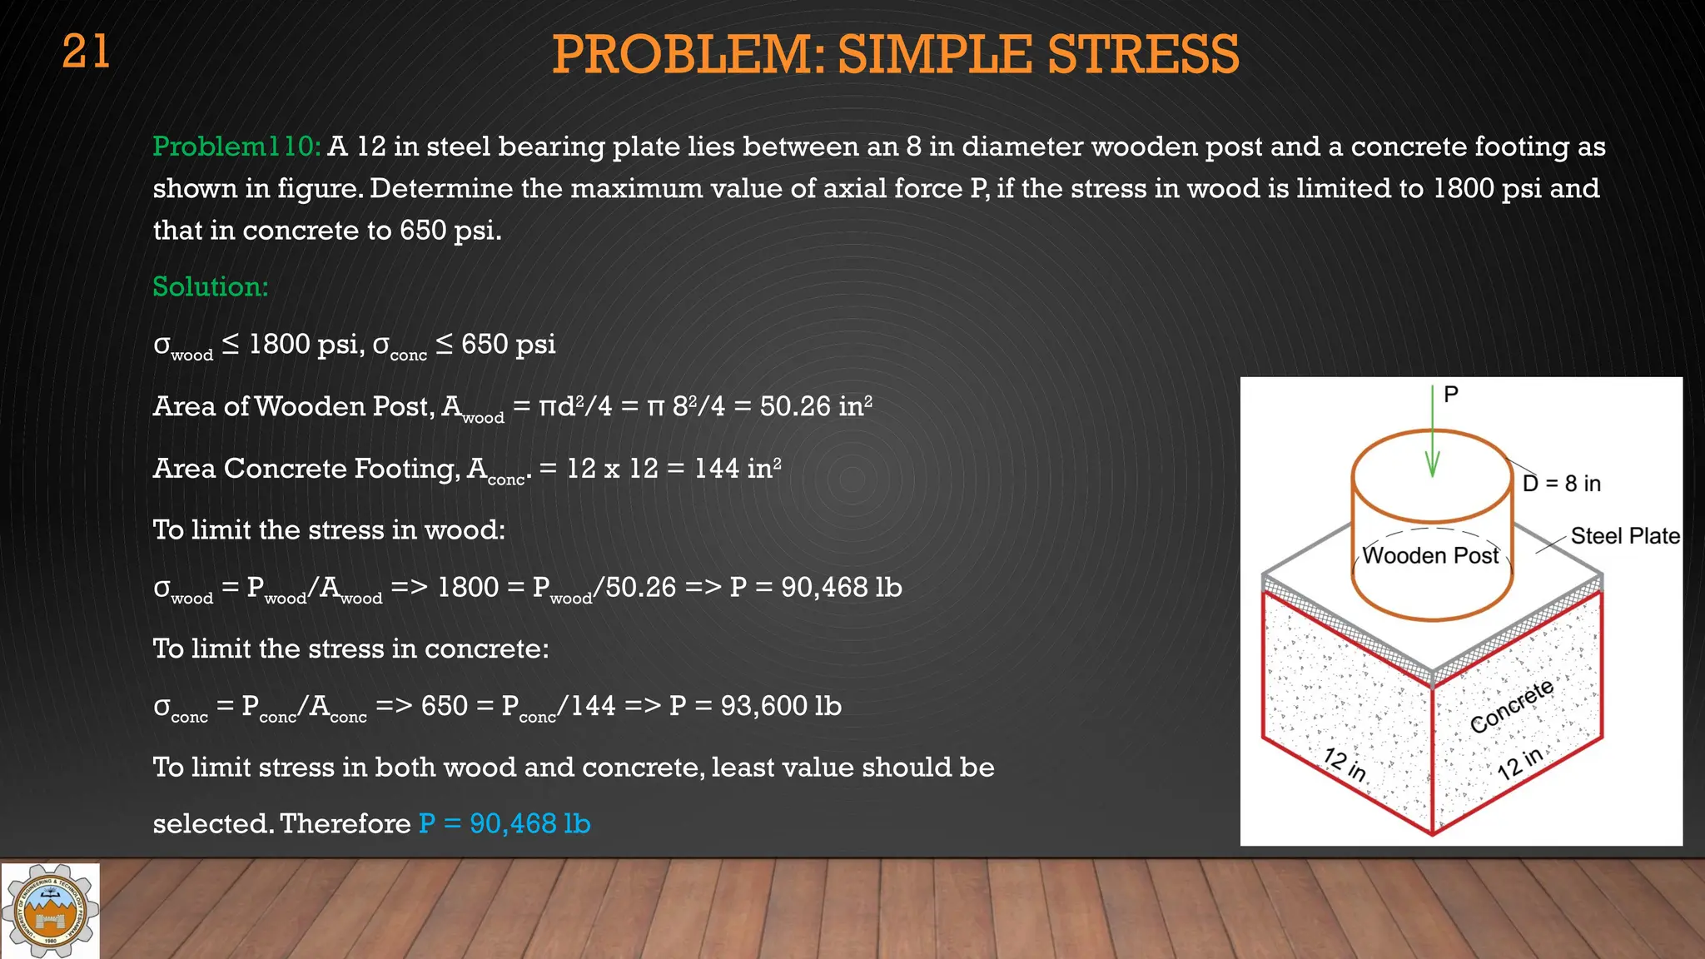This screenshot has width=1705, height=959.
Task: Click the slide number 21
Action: click(86, 52)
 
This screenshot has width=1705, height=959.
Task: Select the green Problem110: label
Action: click(236, 147)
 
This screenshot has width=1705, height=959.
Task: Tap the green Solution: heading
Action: click(211, 287)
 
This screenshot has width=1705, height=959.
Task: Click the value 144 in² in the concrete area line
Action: click(738, 469)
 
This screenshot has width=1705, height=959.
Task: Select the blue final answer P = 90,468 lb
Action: click(505, 824)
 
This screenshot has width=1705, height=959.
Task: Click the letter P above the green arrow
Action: click(1451, 395)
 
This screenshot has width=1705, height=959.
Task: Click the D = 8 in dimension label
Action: click(1561, 484)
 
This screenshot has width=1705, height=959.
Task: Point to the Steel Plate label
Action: click(1624, 536)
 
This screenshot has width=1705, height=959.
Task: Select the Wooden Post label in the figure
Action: click(1430, 556)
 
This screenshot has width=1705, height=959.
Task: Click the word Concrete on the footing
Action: click(1511, 706)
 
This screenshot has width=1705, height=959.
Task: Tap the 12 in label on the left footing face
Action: click(1345, 764)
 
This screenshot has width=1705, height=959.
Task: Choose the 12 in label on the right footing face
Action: click(1519, 763)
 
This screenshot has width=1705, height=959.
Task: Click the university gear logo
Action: click(51, 911)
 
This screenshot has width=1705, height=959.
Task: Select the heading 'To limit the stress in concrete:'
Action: click(350, 649)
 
